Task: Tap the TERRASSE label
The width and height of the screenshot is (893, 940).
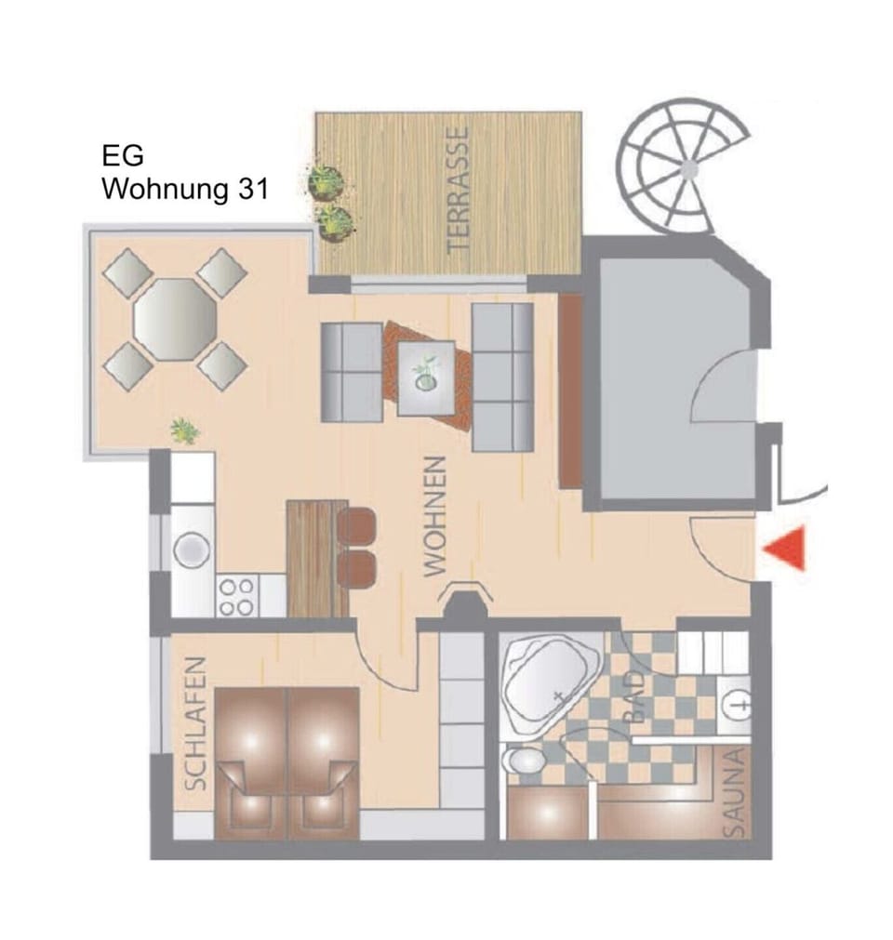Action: [x=456, y=191]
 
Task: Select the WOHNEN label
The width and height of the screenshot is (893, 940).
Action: [x=436, y=517]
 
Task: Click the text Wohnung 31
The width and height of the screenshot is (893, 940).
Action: [x=185, y=190]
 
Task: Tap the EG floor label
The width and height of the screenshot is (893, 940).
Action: [x=123, y=154]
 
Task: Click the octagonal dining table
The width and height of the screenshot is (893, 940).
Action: [x=175, y=319]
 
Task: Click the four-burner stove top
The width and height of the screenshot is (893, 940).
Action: [x=235, y=595]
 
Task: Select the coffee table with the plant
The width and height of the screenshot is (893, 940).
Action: [x=427, y=377]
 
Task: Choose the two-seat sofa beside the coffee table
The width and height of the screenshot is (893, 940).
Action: [x=352, y=372]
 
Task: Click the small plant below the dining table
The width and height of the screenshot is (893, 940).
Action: [x=184, y=430]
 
